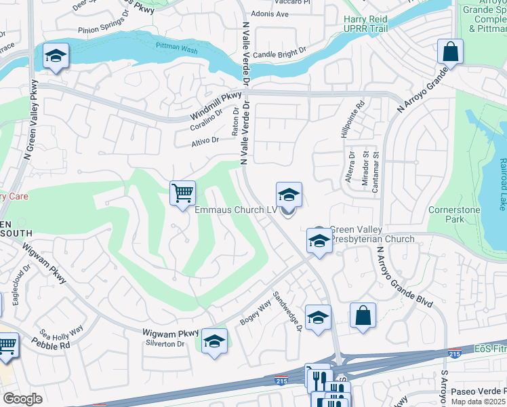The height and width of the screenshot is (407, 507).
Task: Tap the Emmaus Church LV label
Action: click(x=235, y=210)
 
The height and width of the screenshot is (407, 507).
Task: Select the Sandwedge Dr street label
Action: click(x=287, y=311)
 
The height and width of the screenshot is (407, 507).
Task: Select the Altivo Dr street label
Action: click(x=205, y=140)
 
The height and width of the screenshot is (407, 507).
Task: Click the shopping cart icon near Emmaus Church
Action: click(x=183, y=193)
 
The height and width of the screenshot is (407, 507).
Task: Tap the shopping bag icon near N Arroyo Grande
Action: click(x=449, y=52)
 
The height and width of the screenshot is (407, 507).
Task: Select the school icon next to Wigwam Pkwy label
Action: click(x=214, y=341)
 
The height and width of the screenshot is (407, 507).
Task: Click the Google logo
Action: click(x=22, y=399)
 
